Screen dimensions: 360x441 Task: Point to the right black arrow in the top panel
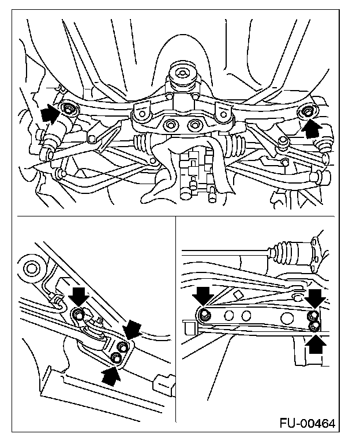(x=312, y=126)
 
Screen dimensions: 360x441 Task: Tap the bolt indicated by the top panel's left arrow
(x=69, y=109)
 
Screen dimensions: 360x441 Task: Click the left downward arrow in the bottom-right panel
(x=203, y=296)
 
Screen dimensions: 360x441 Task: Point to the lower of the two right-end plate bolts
(x=313, y=327)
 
